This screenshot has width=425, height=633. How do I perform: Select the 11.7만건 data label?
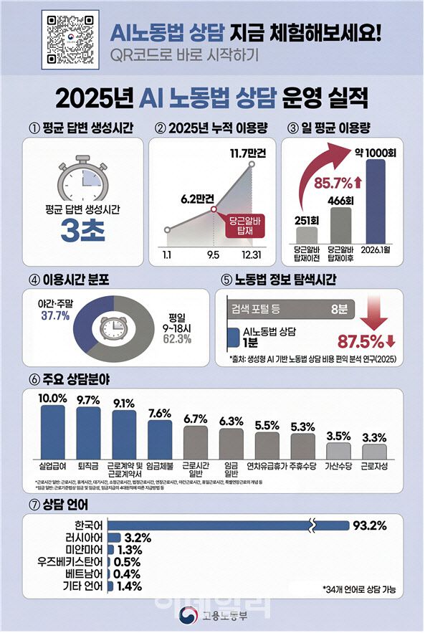[247, 153]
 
